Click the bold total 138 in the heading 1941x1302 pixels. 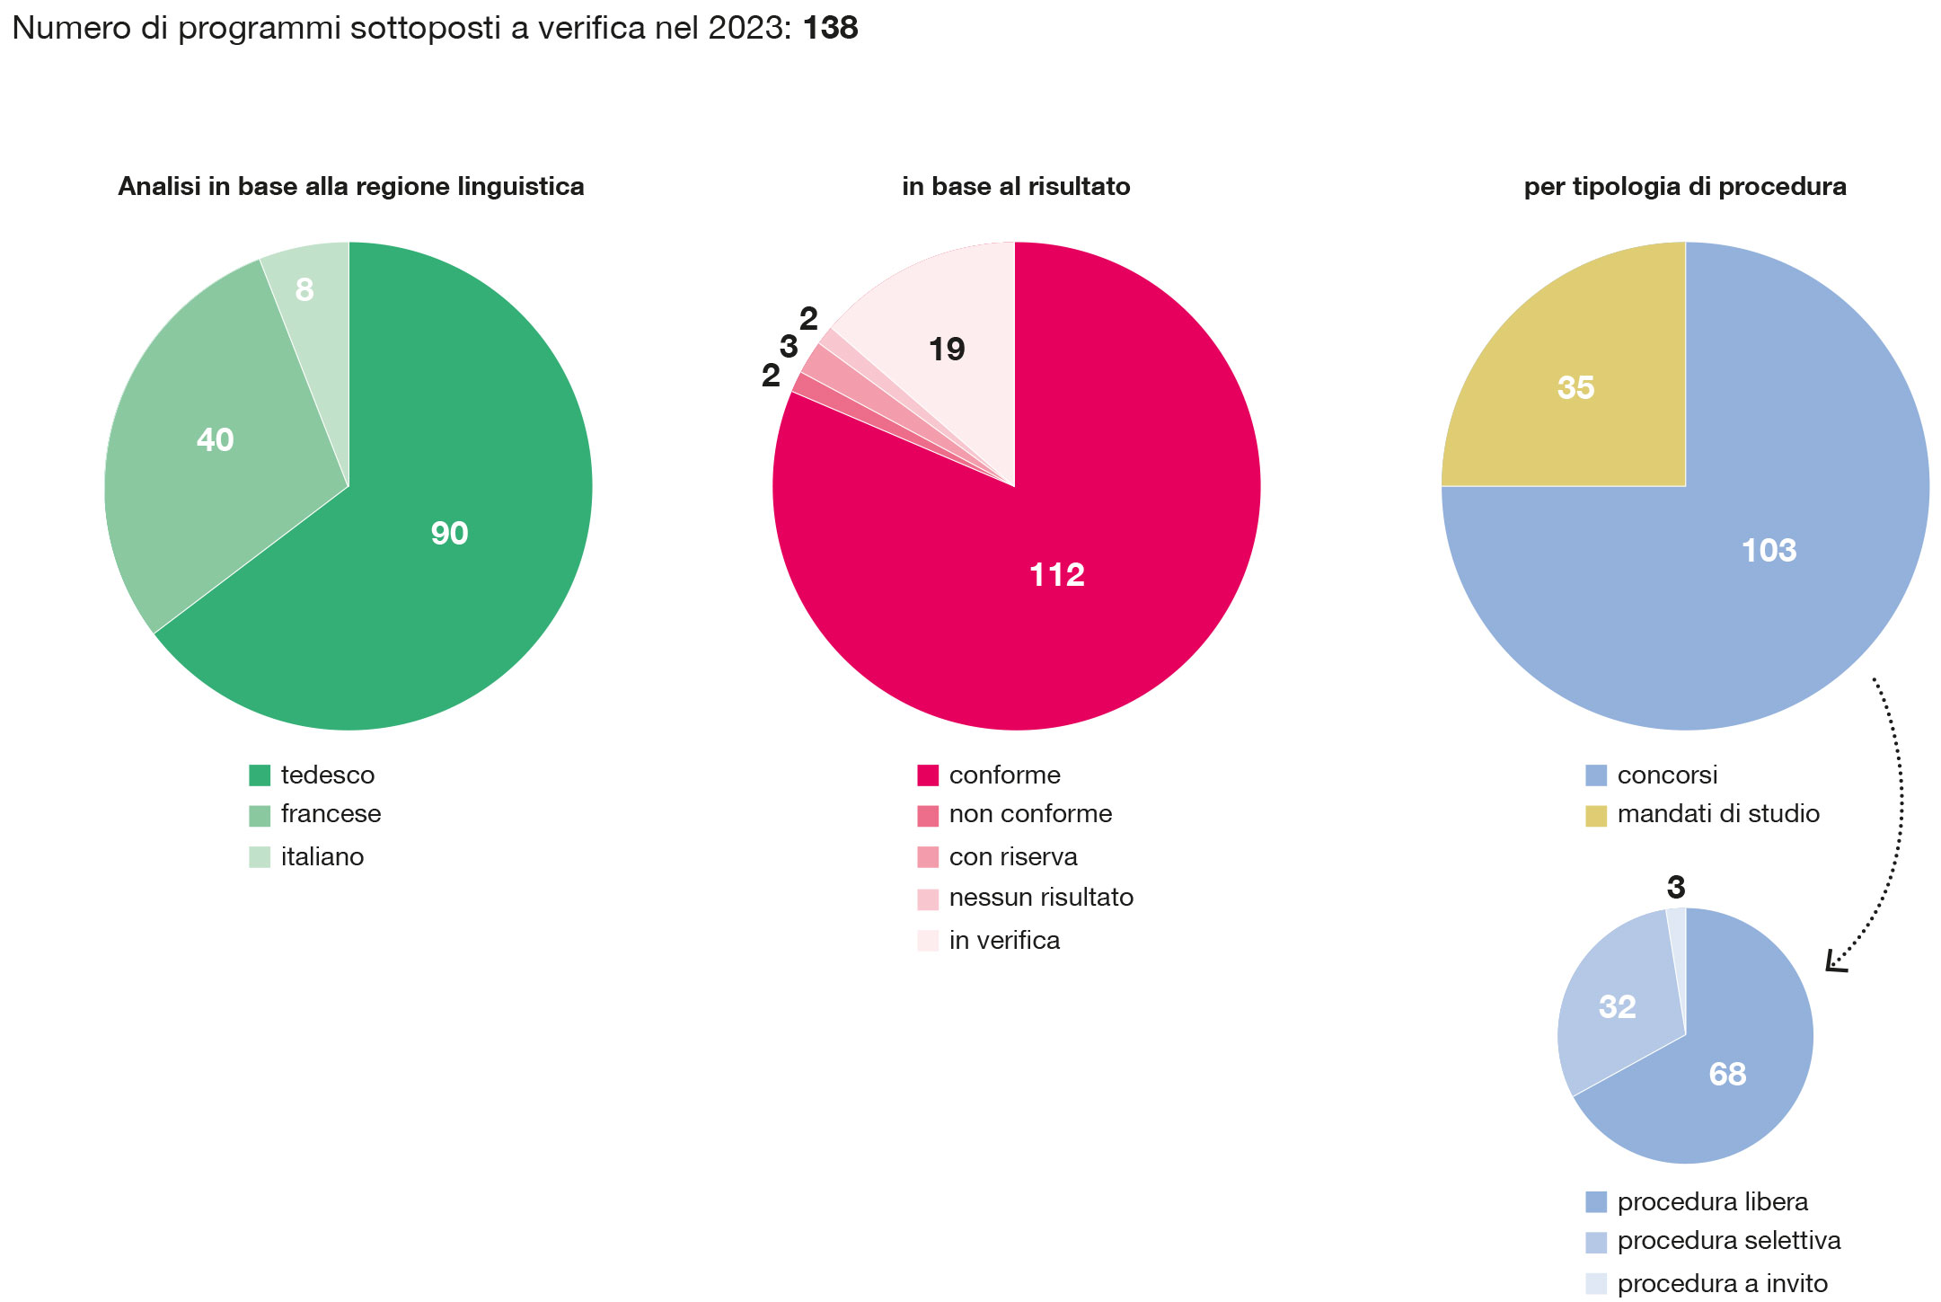click(x=830, y=28)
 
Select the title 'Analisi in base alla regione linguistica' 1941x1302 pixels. click(x=351, y=186)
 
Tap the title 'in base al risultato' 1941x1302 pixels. click(x=1016, y=186)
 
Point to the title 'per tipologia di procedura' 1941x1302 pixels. click(x=1685, y=186)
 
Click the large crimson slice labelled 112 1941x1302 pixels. click(x=1056, y=574)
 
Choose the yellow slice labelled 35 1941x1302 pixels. click(x=1575, y=387)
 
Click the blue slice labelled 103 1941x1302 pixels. click(x=1769, y=550)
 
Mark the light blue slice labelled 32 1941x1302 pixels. click(x=1617, y=1006)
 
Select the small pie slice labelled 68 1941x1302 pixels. click(x=1726, y=1074)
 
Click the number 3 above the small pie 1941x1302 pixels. click(x=1676, y=888)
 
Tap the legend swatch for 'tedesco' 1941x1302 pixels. click(x=260, y=775)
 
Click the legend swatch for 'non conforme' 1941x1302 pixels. click(x=928, y=815)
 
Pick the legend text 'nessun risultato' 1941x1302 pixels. click(x=1041, y=897)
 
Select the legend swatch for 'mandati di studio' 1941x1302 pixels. click(x=1596, y=815)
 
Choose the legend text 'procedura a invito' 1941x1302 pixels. click(x=1722, y=1283)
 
